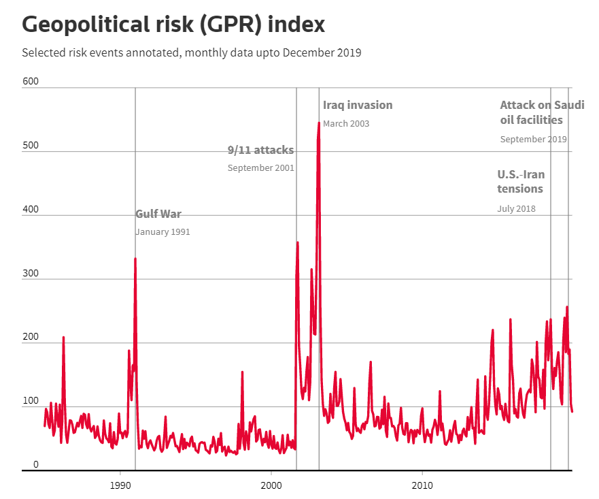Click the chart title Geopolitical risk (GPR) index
pyautogui.click(x=173, y=25)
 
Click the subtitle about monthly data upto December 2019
pyautogui.click(x=191, y=52)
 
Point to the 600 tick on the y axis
pyautogui.click(x=31, y=82)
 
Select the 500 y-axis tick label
pyautogui.click(x=31, y=146)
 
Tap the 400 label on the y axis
pyautogui.click(x=31, y=210)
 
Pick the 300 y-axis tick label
pyautogui.click(x=31, y=274)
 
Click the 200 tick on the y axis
pyautogui.click(x=31, y=338)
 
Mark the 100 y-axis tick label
pyautogui.click(x=31, y=402)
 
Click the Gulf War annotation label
pyautogui.click(x=158, y=214)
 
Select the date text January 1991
pyautogui.click(x=162, y=232)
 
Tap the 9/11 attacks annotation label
pyautogui.click(x=260, y=150)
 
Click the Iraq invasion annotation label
pyautogui.click(x=358, y=105)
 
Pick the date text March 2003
pyautogui.click(x=346, y=124)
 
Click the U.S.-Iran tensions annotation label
pyautogui.click(x=521, y=181)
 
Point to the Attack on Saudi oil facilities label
pyautogui.click(x=541, y=112)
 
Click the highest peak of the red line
pyautogui.click(x=319, y=123)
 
